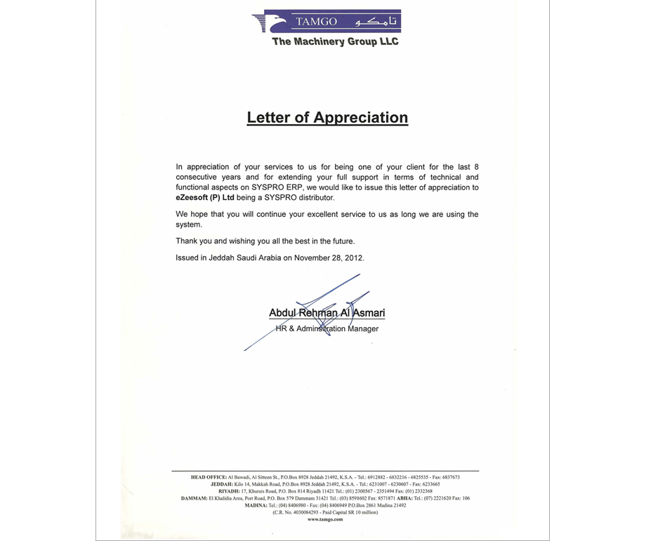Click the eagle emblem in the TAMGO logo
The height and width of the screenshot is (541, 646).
(x=270, y=21)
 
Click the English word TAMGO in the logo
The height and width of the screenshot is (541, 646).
(x=316, y=22)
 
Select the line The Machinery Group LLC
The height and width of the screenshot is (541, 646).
(x=335, y=42)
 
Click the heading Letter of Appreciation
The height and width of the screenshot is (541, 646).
(x=327, y=117)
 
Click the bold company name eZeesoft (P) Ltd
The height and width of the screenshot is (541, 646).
(x=204, y=198)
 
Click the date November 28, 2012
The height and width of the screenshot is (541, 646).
(x=328, y=258)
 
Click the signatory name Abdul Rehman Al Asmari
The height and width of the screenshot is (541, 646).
(x=327, y=313)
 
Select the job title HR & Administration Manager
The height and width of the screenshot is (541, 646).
(x=327, y=328)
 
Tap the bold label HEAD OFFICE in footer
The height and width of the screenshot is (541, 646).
(x=209, y=477)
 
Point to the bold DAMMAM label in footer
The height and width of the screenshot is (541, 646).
(x=195, y=498)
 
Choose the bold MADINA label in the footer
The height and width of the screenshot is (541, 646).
(x=255, y=505)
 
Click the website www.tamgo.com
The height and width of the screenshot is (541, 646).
(x=325, y=519)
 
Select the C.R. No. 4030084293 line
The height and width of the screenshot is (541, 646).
(x=325, y=512)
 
